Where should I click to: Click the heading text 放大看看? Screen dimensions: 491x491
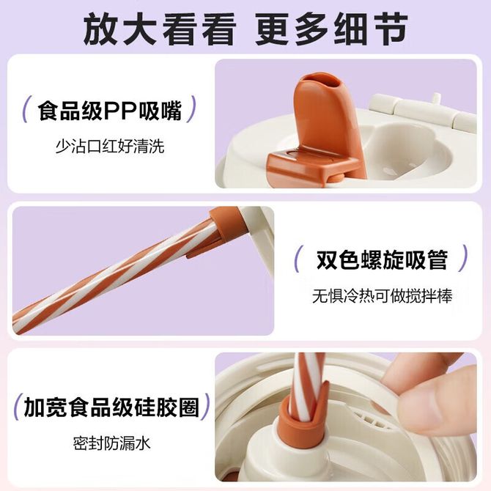tap(159, 29)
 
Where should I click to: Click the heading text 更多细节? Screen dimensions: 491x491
tap(332, 29)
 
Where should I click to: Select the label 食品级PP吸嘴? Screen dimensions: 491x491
tap(110, 110)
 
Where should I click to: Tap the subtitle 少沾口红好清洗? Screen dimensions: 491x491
tap(110, 147)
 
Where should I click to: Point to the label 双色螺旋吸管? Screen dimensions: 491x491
tap(382, 259)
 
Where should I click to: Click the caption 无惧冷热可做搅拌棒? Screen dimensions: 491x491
tap(382, 296)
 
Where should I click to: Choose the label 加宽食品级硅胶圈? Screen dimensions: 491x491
tap(111, 407)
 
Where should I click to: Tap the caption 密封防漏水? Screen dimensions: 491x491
tap(112, 443)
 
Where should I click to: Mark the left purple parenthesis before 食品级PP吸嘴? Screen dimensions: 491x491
tap(26, 109)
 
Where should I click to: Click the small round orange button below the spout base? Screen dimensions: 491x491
tap(336, 179)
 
